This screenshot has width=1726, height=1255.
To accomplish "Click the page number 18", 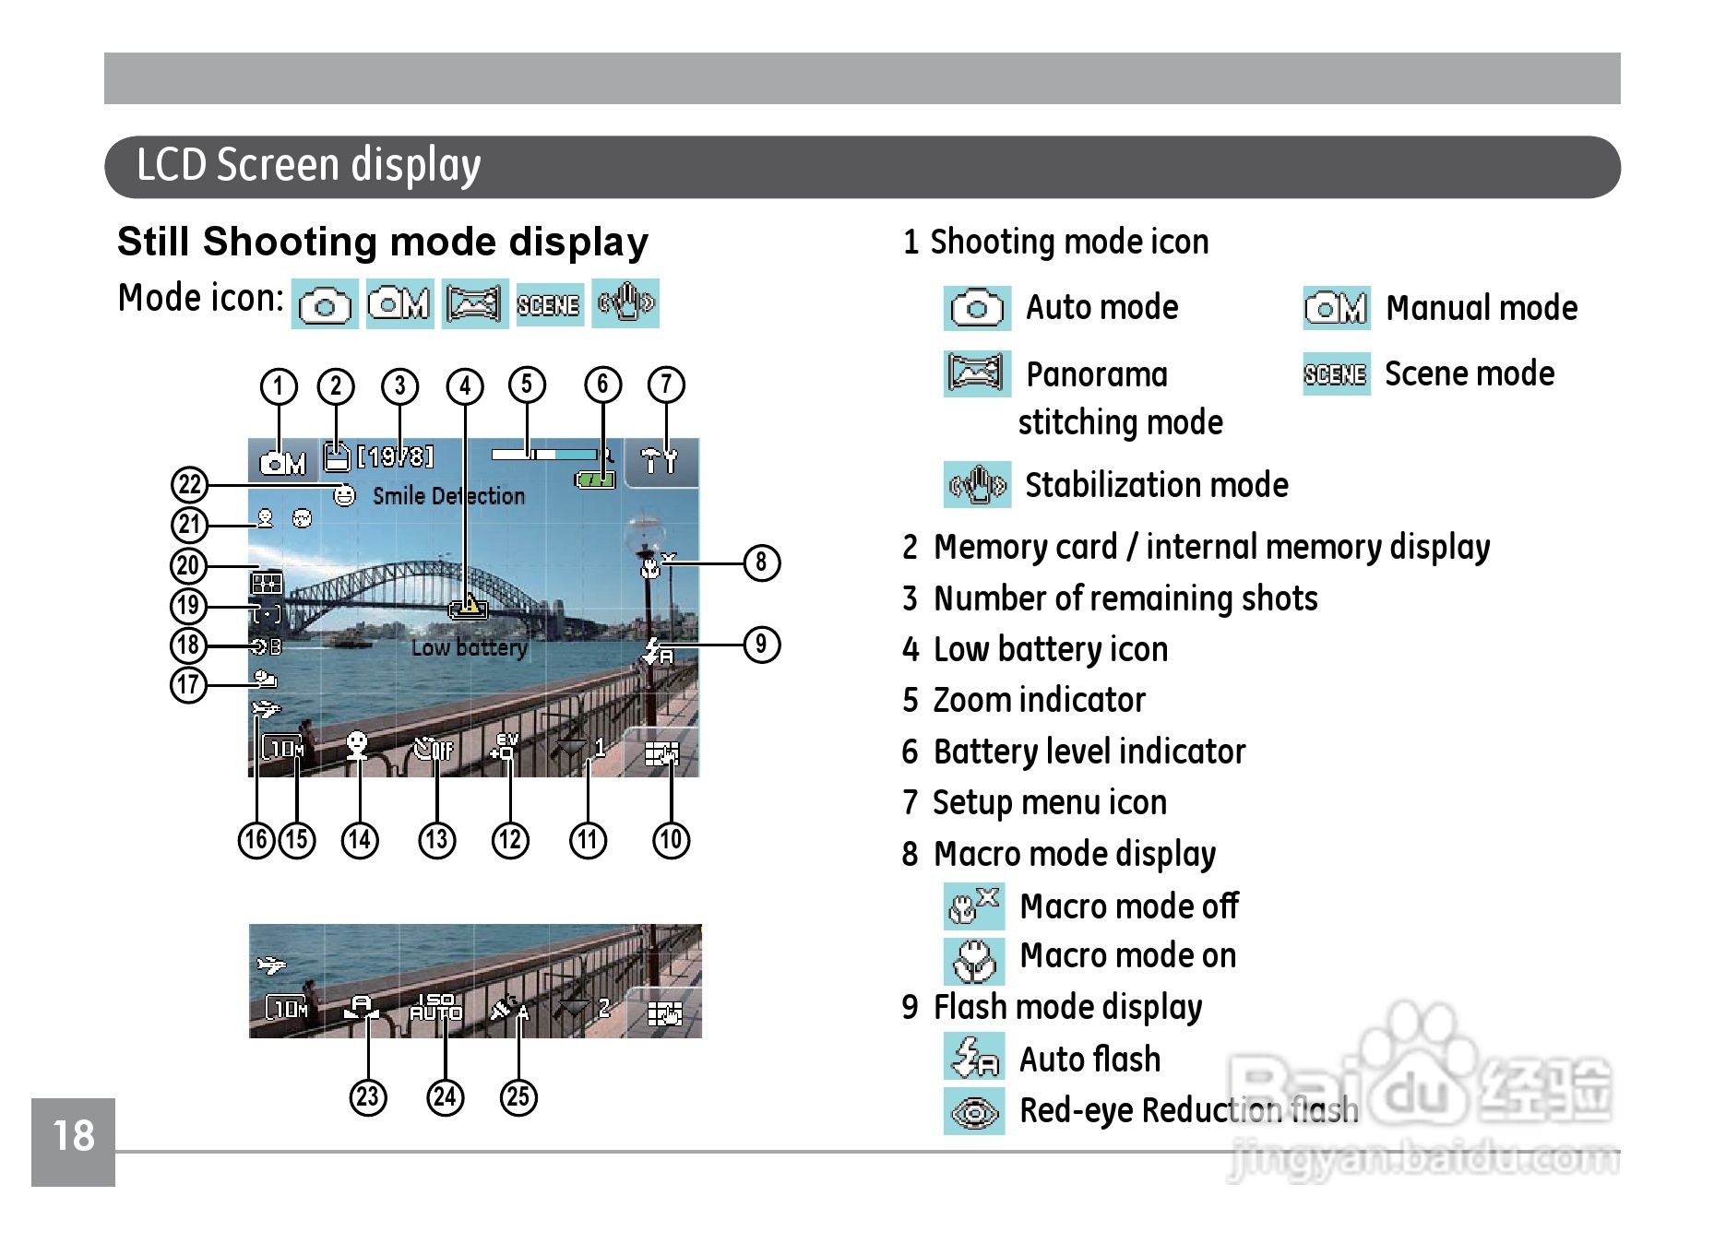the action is tap(74, 1136).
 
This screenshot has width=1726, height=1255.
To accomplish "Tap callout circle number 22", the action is tap(189, 484).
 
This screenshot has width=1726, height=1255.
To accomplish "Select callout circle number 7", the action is tap(666, 385).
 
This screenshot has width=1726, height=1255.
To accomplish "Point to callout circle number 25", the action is tap(518, 1096).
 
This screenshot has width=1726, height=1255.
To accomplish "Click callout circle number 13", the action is tap(436, 840).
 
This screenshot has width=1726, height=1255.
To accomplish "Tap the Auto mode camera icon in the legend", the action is tap(977, 308).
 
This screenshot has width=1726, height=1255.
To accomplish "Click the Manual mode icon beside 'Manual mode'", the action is tap(1336, 308).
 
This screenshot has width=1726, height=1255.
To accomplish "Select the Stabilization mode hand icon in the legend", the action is tap(977, 485).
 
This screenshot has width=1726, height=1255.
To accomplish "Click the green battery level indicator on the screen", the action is tap(595, 480).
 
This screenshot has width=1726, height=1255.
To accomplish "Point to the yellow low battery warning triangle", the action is tap(470, 605).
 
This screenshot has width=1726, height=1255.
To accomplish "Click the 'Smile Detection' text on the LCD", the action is tap(448, 496).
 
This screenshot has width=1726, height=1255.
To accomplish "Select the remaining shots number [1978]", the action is tap(395, 457).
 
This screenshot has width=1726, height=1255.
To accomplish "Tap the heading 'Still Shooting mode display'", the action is tap(383, 242).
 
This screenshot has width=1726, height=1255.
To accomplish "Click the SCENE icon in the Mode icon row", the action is tap(549, 304).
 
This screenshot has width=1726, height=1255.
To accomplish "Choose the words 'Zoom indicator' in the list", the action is tap(1039, 701).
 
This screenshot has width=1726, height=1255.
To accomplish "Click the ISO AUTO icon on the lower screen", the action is tap(435, 1007).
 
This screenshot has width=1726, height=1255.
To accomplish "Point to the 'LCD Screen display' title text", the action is tap(309, 166).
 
